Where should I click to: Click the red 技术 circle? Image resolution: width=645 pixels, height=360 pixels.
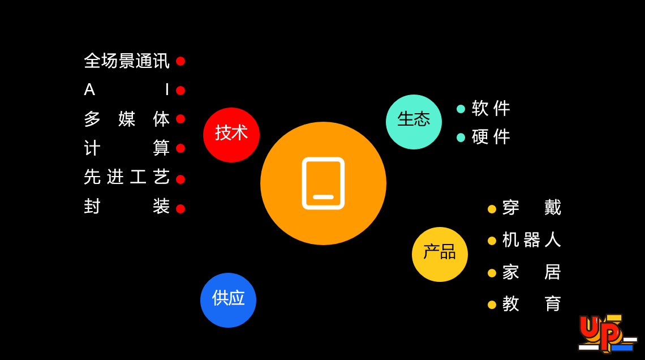(x=231, y=135)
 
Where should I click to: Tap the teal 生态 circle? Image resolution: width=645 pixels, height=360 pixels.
(x=414, y=122)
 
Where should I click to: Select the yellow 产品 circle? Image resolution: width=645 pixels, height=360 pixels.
(x=440, y=254)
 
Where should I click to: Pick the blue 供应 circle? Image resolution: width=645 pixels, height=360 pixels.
(x=228, y=300)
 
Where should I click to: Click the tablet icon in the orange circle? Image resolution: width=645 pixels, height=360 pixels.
(x=323, y=183)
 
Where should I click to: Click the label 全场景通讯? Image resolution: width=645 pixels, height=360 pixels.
(x=127, y=61)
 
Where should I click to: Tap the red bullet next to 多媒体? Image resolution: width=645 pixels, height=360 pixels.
(x=180, y=119)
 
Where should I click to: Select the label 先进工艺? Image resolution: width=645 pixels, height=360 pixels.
(x=127, y=177)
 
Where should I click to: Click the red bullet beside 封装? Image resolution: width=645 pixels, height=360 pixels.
(x=180, y=209)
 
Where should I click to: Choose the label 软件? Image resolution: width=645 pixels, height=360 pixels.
(x=491, y=108)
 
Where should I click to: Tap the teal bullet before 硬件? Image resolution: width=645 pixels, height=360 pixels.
(x=461, y=138)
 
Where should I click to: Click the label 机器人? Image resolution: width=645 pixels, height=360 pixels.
(x=531, y=239)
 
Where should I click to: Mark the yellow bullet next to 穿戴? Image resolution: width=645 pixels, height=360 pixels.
(x=492, y=209)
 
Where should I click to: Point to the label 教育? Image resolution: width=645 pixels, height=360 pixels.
(x=531, y=304)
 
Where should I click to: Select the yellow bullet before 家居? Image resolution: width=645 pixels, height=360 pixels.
(x=492, y=273)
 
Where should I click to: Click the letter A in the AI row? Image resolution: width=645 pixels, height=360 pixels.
(x=89, y=90)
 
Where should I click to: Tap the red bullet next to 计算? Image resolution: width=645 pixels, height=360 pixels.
(x=180, y=148)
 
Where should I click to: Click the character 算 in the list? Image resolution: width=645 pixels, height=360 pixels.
(x=161, y=148)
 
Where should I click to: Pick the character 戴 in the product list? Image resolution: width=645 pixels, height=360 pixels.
(x=553, y=208)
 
